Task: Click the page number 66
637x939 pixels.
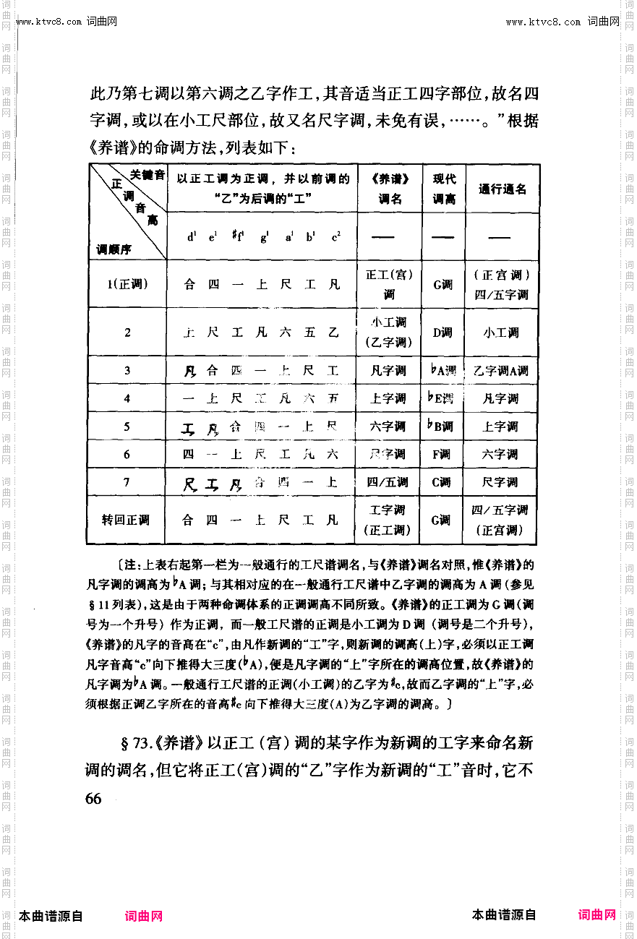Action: pyautogui.click(x=93, y=798)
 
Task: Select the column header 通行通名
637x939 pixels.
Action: pyautogui.click(x=502, y=189)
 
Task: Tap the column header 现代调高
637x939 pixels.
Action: pyautogui.click(x=444, y=189)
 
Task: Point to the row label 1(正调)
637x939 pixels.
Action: pyautogui.click(x=127, y=283)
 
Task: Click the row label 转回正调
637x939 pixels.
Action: pyautogui.click(x=126, y=520)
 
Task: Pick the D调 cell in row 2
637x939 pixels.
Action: pyautogui.click(x=443, y=333)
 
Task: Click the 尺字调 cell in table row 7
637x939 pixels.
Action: pyautogui.click(x=501, y=482)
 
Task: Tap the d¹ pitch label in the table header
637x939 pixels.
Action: pyautogui.click(x=192, y=236)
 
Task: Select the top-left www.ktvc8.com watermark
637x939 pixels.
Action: pyautogui.click(x=49, y=22)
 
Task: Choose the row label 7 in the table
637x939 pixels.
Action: pyautogui.click(x=127, y=482)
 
